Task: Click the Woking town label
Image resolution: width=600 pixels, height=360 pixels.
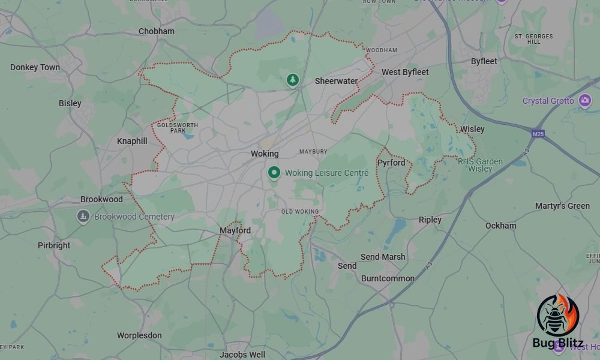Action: point(265,154)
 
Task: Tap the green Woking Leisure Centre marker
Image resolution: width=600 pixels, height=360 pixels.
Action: point(274,173)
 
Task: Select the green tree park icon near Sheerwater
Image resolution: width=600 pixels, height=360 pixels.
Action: point(292,80)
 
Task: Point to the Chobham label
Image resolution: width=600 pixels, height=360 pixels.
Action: point(156,31)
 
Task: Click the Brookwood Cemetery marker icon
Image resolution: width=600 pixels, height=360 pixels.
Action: point(83,216)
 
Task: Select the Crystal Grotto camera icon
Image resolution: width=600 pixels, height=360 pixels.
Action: point(585,100)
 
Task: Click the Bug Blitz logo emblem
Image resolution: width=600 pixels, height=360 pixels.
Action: point(557,315)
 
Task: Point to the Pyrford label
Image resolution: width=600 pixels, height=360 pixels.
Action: point(391,163)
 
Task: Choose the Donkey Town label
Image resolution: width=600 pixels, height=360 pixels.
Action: point(35,67)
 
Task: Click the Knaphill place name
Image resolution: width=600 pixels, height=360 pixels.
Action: point(131,141)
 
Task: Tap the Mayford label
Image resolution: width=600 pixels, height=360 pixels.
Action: point(235,230)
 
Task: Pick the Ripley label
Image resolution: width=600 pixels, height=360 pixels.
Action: point(430,220)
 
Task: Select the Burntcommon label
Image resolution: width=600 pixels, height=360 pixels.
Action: point(388,278)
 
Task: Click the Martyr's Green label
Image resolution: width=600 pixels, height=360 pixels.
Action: point(562,206)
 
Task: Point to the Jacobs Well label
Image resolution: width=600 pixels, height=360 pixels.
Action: point(242,355)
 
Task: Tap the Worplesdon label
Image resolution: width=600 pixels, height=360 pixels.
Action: point(139,335)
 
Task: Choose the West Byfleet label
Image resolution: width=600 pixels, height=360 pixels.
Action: point(406,72)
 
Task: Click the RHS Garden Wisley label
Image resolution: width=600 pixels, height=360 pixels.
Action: point(480,165)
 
